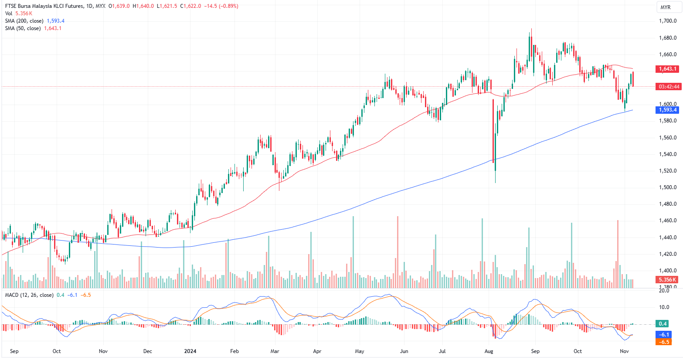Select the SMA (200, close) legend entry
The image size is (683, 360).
click(24, 21)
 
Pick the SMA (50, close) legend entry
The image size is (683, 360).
click(23, 28)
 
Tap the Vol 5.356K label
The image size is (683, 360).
click(19, 14)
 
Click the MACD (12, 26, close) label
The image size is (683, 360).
click(29, 295)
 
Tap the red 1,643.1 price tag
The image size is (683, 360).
click(667, 69)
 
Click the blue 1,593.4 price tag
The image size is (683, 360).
click(667, 110)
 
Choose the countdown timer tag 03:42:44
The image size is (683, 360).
click(669, 87)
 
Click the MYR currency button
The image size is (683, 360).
click(666, 7)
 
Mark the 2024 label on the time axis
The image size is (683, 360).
click(190, 351)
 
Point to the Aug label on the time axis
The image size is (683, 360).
click(489, 351)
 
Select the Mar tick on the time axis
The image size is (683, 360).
click(275, 351)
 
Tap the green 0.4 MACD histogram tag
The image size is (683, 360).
click(663, 324)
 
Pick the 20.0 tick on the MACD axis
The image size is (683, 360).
click(664, 291)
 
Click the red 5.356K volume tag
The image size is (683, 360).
click(667, 280)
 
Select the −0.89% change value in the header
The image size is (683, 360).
click(229, 6)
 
